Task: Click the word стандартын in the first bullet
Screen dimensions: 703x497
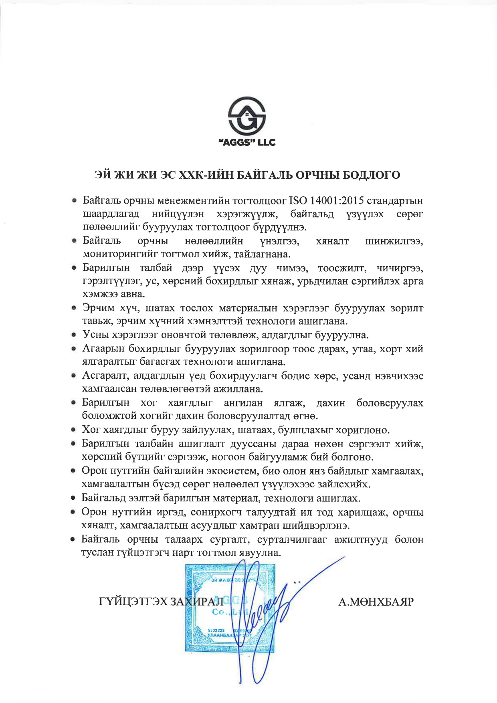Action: tap(395, 200)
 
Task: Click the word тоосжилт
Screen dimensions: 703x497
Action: tap(342, 268)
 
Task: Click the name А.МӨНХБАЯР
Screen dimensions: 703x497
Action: tap(376, 602)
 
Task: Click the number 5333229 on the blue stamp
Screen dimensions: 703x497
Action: tap(216, 630)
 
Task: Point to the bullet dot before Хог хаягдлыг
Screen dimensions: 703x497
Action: tap(74, 430)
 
